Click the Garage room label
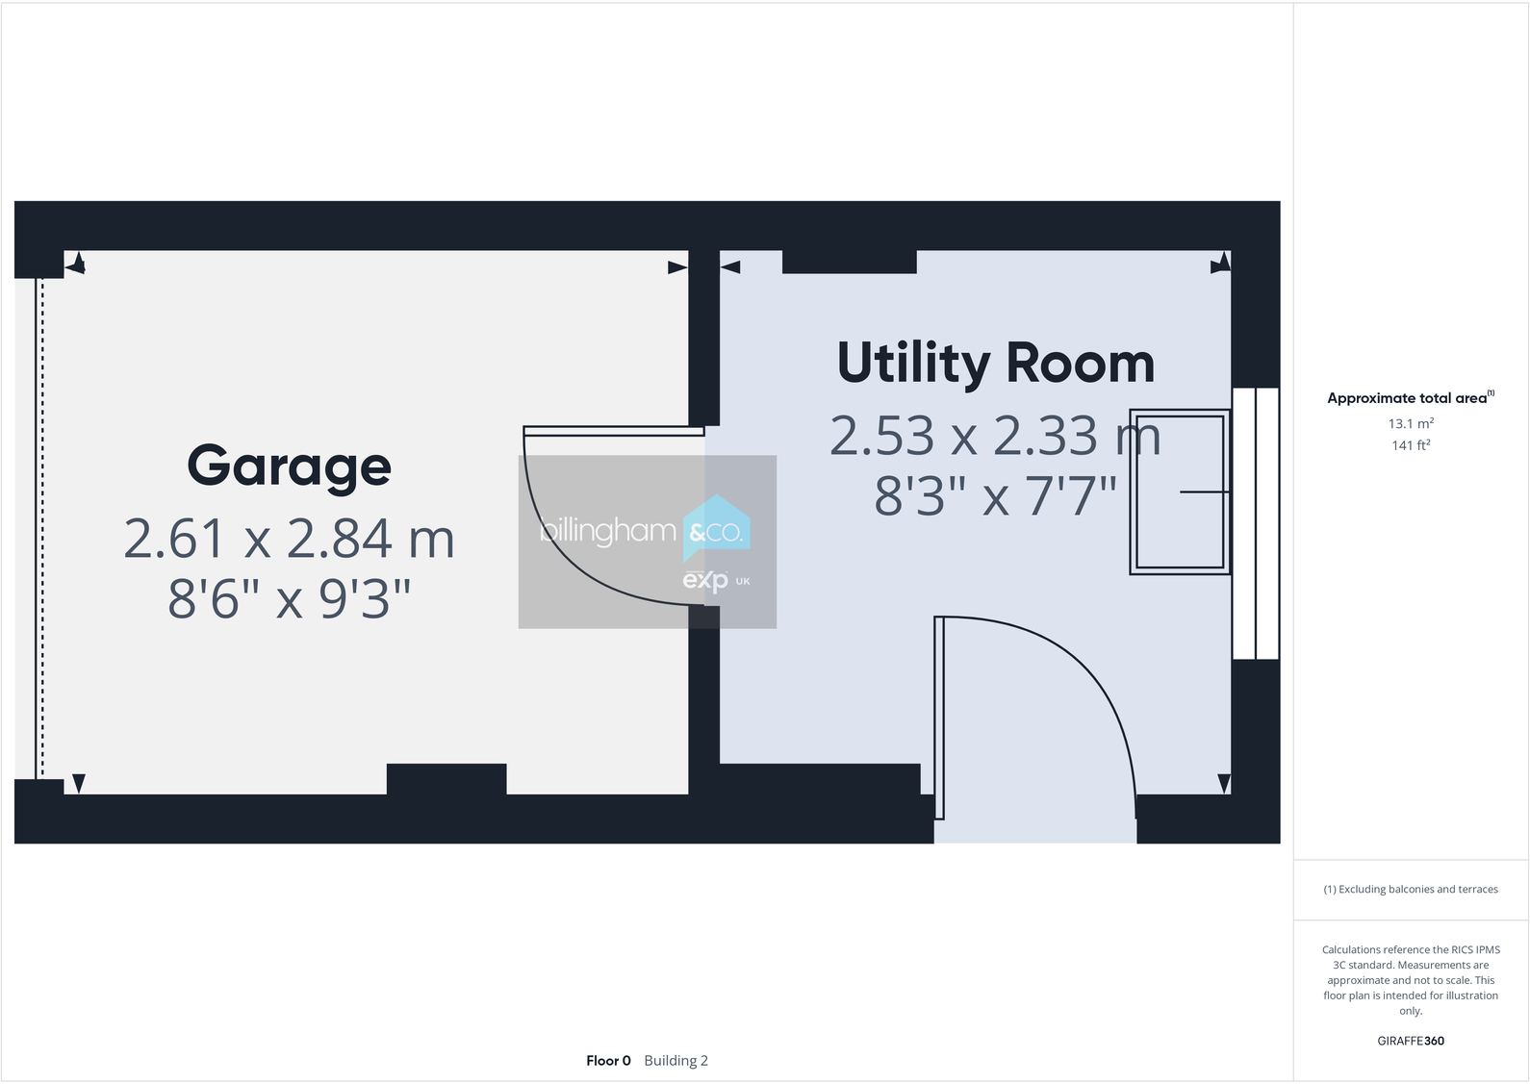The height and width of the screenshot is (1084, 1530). tap(289, 466)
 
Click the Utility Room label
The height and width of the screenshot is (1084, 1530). tap(995, 364)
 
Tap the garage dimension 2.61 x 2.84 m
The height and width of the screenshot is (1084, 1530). tap(289, 539)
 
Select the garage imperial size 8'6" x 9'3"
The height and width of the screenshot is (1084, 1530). tap(289, 598)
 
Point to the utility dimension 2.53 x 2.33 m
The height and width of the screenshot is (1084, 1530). tap(995, 436)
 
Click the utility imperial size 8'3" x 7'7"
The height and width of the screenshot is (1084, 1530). tap(995, 496)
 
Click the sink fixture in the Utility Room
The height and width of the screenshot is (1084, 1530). tap(1180, 492)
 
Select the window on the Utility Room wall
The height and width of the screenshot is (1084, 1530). tap(1256, 523)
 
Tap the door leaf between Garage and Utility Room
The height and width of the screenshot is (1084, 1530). tap(614, 431)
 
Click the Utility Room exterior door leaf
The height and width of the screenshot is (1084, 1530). tap(939, 717)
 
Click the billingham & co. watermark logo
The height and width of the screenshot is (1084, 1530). tap(647, 541)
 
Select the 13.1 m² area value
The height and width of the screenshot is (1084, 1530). tap(1410, 423)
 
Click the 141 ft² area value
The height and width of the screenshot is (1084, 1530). tap(1410, 445)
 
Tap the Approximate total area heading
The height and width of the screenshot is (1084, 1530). tap(1408, 398)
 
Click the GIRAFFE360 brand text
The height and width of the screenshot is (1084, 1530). tap(1410, 1041)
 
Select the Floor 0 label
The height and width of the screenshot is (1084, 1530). tap(608, 1061)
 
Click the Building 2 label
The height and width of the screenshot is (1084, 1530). tap(676, 1061)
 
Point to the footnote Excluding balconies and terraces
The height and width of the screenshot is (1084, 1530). tap(1410, 890)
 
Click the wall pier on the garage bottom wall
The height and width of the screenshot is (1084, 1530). tap(446, 778)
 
